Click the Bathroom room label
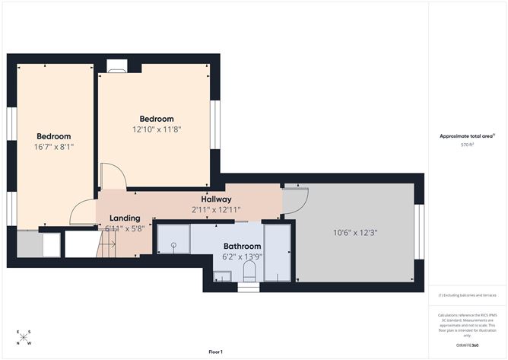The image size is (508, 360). (x=242, y=247)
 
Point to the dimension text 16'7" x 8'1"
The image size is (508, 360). (x=54, y=146)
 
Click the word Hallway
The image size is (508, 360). (x=205, y=199)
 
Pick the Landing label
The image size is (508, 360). (x=125, y=218)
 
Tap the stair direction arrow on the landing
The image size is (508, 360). (x=108, y=244)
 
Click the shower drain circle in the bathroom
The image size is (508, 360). (x=173, y=245)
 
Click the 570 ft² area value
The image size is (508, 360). (x=467, y=144)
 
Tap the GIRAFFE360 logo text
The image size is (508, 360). (x=467, y=346)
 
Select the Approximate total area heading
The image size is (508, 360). (x=466, y=135)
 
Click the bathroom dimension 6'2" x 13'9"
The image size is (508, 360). (x=242, y=258)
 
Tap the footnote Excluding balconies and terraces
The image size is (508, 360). (x=467, y=295)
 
